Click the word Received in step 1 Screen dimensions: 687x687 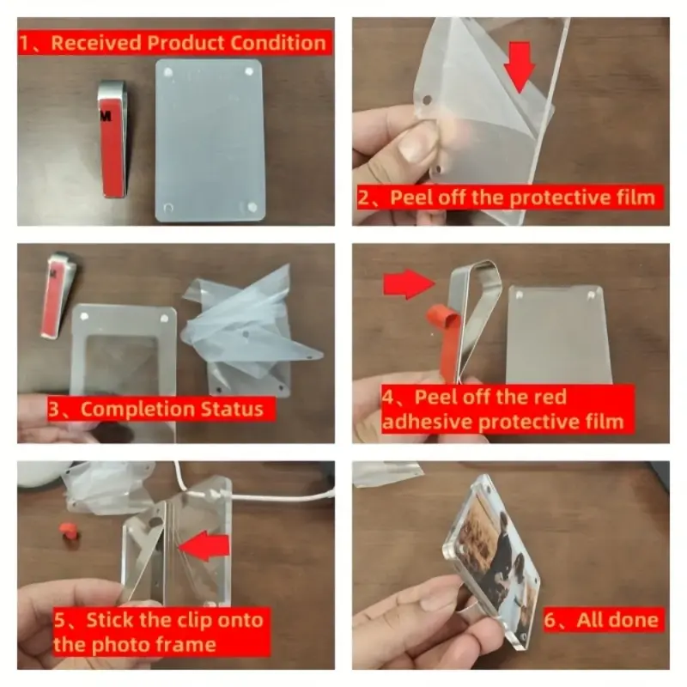[x=96, y=43]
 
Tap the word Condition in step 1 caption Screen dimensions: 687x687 [x=278, y=43]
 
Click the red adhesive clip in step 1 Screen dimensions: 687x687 [x=113, y=139]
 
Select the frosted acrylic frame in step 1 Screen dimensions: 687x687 [x=210, y=140]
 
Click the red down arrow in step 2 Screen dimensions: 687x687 [x=520, y=67]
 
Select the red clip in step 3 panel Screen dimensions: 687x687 [x=58, y=295]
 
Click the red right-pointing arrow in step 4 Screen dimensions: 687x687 [x=409, y=284]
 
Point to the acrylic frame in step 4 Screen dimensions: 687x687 [x=559, y=335]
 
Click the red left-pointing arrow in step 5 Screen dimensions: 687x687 [x=204, y=546]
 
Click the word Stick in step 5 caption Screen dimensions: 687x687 [x=111, y=620]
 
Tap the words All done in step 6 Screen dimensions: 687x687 [x=617, y=620]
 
